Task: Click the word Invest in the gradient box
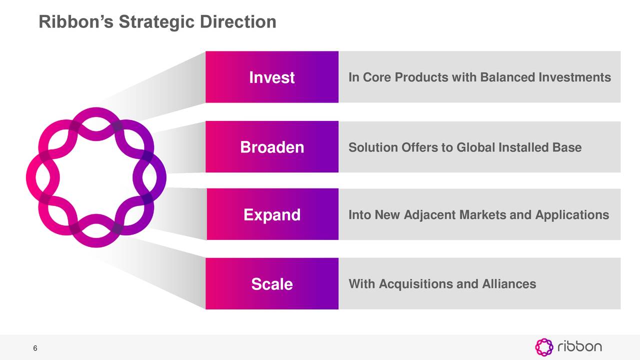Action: [271, 78]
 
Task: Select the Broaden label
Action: [272, 147]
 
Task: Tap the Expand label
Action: [272, 215]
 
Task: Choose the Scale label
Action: [272, 284]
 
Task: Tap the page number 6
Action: [35, 348]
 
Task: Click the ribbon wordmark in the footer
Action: [579, 346]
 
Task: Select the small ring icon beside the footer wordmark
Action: [544, 347]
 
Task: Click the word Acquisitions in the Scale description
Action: [416, 284]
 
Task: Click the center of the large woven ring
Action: [96, 177]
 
